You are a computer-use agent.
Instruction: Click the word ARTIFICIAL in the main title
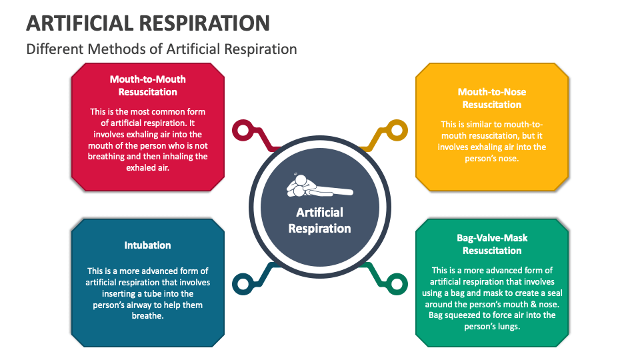click(79, 23)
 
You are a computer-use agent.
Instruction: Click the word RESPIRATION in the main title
click(203, 23)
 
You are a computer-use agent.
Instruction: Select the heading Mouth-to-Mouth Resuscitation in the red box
click(147, 85)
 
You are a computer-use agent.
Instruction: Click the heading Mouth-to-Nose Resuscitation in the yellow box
click(492, 98)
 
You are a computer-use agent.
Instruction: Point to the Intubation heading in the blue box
click(147, 245)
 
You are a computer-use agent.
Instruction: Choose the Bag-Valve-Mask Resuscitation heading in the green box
click(492, 244)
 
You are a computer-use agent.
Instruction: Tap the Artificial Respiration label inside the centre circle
click(319, 220)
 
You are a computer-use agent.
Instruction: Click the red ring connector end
click(241, 129)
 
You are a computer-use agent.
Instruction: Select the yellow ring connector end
click(397, 129)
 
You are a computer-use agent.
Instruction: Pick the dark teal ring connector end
click(241, 284)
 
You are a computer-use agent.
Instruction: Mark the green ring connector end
click(397, 284)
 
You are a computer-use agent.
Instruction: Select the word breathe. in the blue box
click(147, 315)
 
